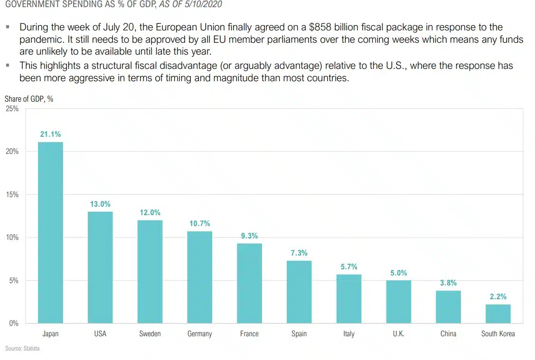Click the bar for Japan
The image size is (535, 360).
50,233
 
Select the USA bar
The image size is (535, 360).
100,267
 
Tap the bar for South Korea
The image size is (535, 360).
498,314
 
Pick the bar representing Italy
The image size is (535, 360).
349,299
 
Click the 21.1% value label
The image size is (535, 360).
50,134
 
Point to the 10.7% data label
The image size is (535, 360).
199,224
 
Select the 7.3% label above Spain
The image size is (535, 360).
299,253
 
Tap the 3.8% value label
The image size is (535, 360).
448,283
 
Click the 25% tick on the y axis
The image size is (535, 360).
12,109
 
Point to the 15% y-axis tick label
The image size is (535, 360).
12,195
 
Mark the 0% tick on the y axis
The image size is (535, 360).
14,323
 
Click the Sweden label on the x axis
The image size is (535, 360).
150,334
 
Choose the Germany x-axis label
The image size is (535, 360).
199,334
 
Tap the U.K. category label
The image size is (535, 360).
398,334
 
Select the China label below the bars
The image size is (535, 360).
448,334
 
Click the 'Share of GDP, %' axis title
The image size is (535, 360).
28,99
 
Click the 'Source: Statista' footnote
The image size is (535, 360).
22,349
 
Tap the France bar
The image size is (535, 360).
249,284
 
